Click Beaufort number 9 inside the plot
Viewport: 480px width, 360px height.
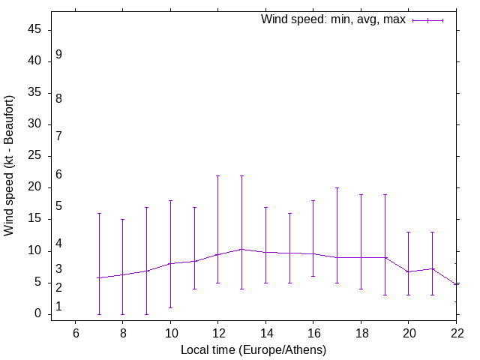[58, 55]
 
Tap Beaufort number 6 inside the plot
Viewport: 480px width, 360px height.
[58, 175]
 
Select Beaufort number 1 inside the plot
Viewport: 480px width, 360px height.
[58, 307]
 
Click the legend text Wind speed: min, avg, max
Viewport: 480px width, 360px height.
[333, 19]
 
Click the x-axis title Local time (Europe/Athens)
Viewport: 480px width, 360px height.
[253, 349]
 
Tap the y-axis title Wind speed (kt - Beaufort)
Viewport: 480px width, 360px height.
[10, 165]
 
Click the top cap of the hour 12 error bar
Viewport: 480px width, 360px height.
[217, 175]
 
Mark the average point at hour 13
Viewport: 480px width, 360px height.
[241, 249]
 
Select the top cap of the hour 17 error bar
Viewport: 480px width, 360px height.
[337, 188]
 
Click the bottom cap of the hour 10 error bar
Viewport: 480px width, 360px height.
[170, 307]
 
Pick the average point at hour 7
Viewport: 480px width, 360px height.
[99, 277]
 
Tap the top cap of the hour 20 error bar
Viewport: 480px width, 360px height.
[408, 232]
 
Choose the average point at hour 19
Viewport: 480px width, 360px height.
[385, 257]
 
